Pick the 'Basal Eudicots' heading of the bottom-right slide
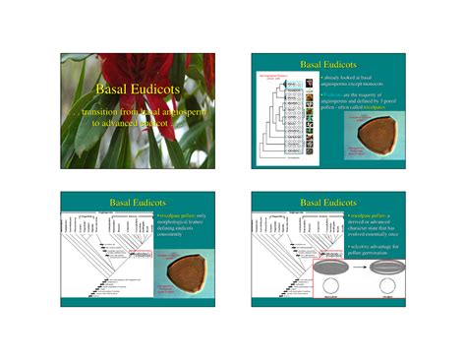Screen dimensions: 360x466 330,202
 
